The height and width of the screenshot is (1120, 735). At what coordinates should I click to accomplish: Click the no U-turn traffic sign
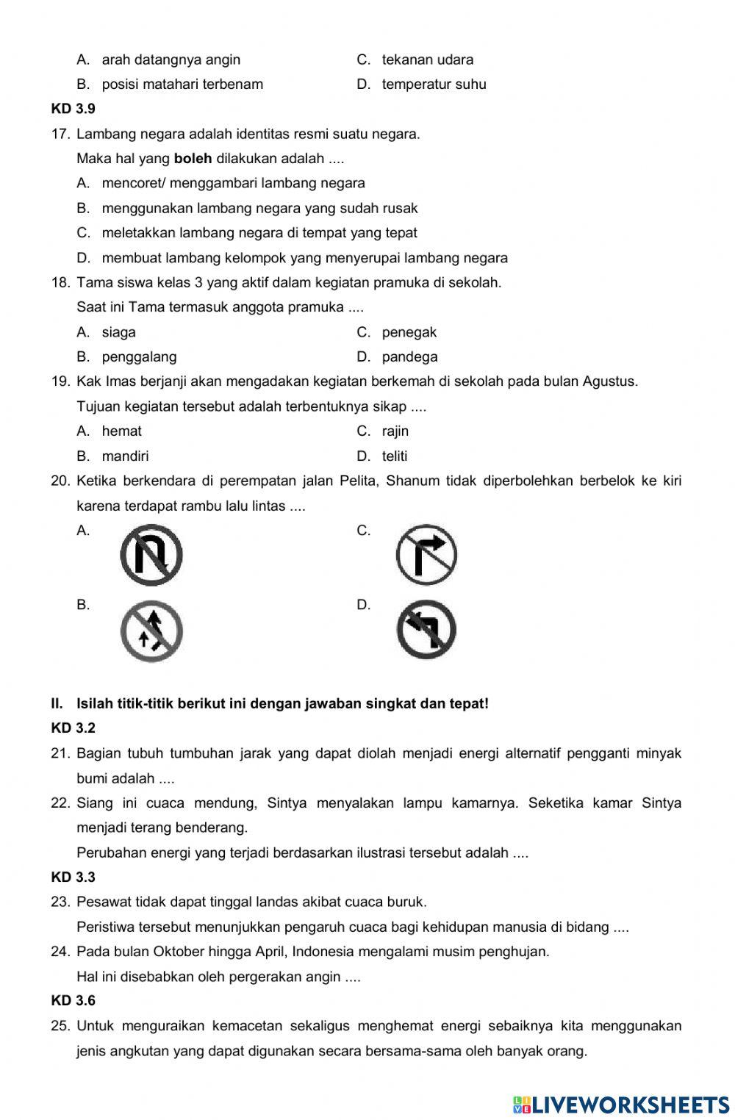tap(151, 555)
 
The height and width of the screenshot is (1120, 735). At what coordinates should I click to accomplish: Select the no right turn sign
tap(426, 555)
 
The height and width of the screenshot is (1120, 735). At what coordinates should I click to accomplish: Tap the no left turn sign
tap(426, 630)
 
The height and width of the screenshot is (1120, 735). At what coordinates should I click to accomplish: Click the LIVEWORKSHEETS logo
tap(621, 1104)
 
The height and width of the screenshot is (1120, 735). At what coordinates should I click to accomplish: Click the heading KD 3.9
tap(73, 109)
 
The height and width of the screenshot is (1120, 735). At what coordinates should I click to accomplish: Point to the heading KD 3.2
tap(73, 728)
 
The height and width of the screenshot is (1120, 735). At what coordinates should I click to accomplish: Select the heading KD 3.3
tap(73, 877)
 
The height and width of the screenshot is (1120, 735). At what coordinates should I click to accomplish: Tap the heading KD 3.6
tap(73, 1000)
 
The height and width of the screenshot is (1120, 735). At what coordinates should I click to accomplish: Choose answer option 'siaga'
tap(118, 332)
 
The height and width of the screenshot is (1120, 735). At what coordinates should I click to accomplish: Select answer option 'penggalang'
tap(139, 357)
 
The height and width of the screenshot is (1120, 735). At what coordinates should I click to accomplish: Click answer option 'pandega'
tap(409, 357)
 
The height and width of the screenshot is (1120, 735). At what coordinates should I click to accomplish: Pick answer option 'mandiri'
tap(125, 456)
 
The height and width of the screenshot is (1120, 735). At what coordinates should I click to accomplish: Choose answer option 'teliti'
tap(395, 456)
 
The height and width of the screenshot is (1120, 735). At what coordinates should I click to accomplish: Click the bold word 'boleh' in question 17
tap(193, 159)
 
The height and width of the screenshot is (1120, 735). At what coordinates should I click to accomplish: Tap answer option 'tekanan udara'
tap(427, 60)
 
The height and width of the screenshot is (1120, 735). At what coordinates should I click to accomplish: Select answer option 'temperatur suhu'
tap(434, 85)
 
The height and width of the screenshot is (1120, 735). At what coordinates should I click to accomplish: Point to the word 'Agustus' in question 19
tap(609, 381)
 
